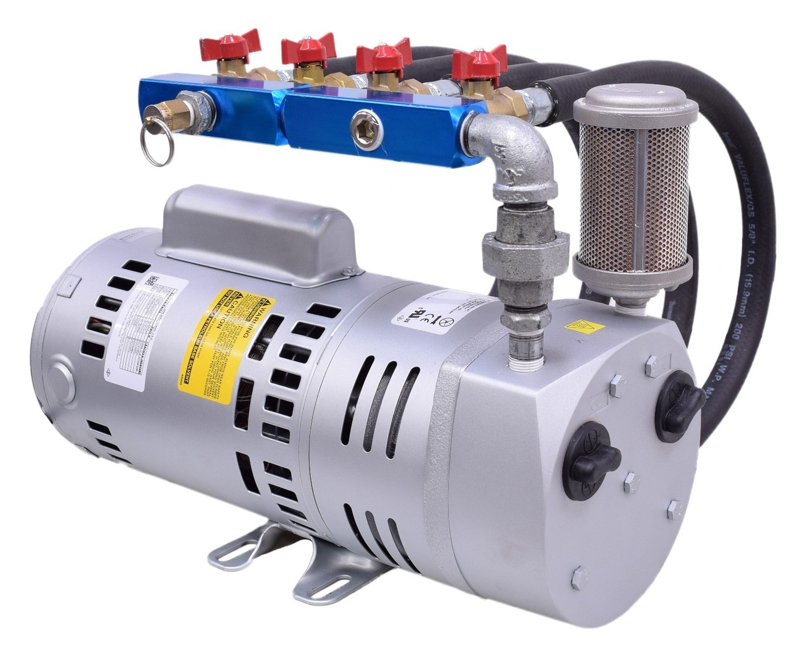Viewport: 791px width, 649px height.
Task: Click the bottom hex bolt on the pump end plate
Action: point(580,578)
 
